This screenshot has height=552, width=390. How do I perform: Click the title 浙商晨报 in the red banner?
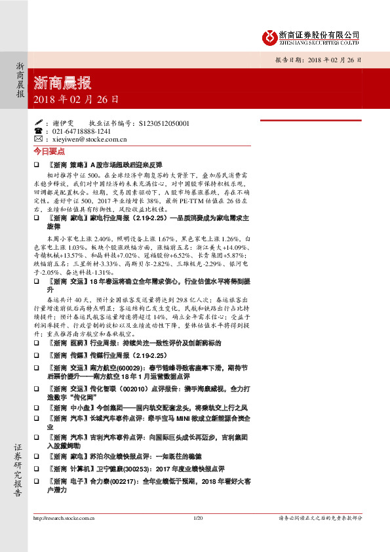click(62, 83)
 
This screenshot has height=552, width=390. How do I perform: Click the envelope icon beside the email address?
click(38, 139)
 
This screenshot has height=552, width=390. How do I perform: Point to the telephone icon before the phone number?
click(38, 131)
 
